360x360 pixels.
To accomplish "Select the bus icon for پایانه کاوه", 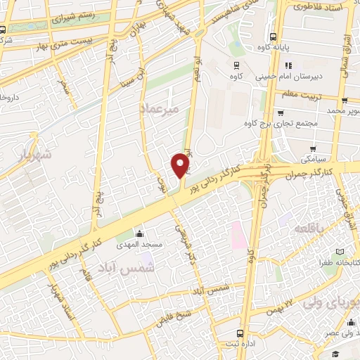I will click(x=273, y=37).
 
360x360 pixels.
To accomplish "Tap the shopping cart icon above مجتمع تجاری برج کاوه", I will click(x=280, y=111).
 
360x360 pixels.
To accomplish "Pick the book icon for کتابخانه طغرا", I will click(x=340, y=251).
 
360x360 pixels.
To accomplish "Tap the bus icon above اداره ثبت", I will click(x=240, y=333).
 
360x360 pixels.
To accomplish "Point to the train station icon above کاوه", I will click(x=237, y=63).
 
